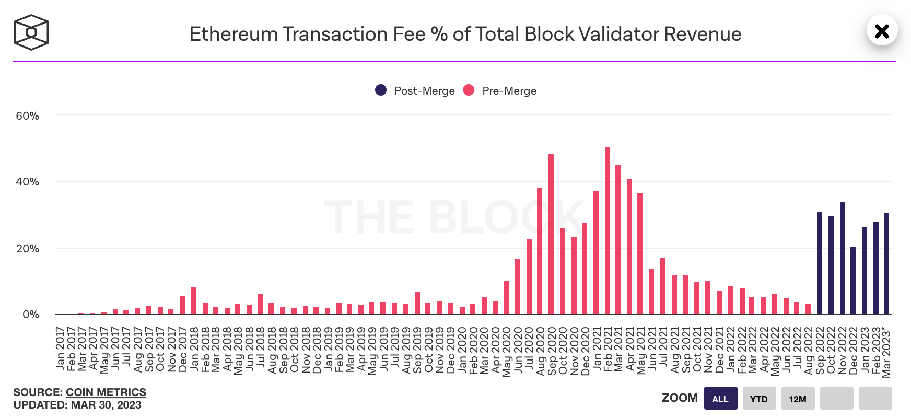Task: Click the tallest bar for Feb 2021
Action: [x=607, y=231]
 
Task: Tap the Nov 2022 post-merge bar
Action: [x=842, y=258]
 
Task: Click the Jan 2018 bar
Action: [x=194, y=301]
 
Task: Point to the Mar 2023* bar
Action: [x=886, y=264]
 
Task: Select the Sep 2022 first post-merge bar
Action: [x=820, y=263]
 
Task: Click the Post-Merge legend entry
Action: [x=415, y=90]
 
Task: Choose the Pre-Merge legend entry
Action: [x=500, y=90]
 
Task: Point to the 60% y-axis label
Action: [x=27, y=116]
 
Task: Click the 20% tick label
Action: [x=27, y=249]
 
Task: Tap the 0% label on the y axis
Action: [x=30, y=315]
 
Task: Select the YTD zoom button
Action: [x=758, y=399]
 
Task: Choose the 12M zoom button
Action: [x=797, y=399]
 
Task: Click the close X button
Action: [x=882, y=31]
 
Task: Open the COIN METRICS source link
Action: [x=106, y=392]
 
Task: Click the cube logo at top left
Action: [x=31, y=32]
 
